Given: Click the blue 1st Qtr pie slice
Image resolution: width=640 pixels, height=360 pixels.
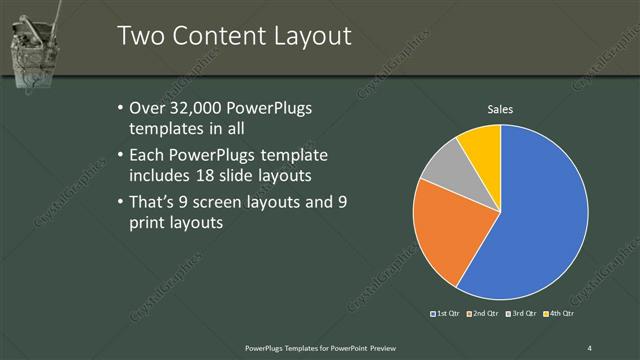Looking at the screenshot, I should pos(540,220).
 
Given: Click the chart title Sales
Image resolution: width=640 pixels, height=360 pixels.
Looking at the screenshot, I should pos(500,109).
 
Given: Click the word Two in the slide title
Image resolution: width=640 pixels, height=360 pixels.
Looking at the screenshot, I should pos(139,36).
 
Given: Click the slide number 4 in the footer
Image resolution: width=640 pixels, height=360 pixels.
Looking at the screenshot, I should pos(589,347).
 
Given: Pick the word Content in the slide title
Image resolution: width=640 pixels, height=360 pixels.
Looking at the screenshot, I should pos(219,36).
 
